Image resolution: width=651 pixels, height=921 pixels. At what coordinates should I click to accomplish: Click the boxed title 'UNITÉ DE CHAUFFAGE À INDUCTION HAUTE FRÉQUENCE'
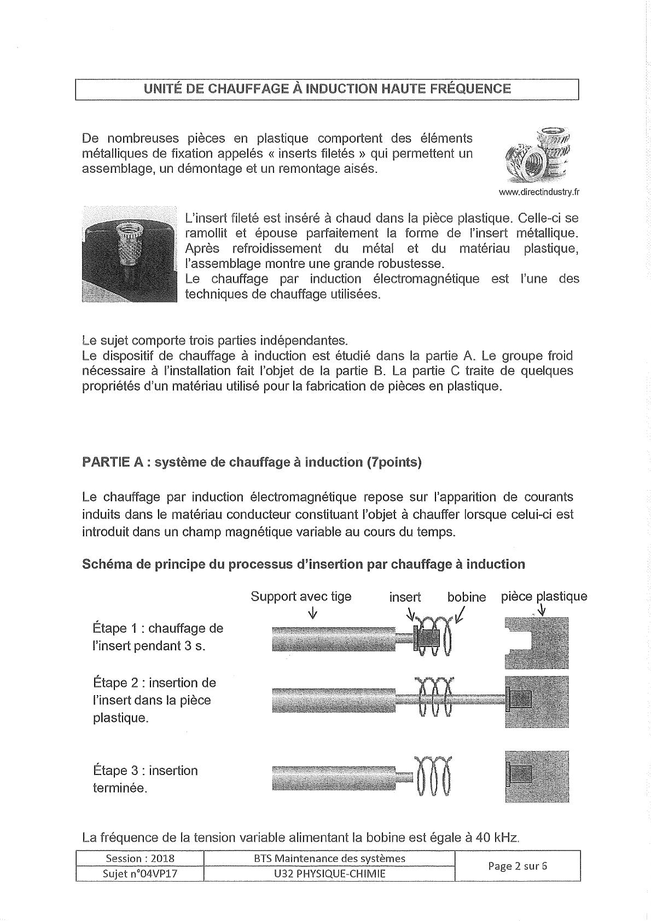point(327,89)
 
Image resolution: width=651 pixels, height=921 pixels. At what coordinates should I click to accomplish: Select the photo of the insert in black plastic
point(130,254)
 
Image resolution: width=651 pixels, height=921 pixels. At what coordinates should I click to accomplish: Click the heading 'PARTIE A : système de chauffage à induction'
point(252,462)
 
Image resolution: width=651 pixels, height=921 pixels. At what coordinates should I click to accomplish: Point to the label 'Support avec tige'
point(301,597)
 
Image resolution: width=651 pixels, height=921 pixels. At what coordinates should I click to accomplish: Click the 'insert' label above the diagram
point(405,597)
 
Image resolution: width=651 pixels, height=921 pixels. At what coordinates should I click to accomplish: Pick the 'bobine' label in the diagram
point(467,597)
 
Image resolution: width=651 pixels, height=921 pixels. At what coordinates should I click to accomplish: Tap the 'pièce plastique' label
point(544,597)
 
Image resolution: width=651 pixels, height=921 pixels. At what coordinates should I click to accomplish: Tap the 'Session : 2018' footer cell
point(139,859)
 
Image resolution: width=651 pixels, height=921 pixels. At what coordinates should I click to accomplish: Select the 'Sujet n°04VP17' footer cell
point(139,873)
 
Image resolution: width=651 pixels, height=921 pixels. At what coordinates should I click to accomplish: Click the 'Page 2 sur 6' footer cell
point(517,866)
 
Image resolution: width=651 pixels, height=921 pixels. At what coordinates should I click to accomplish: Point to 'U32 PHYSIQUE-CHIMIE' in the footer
point(329,873)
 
